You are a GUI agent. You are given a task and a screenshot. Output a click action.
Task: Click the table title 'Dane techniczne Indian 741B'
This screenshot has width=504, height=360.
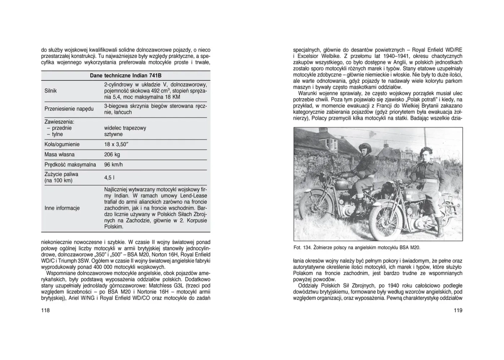click(x=126, y=75)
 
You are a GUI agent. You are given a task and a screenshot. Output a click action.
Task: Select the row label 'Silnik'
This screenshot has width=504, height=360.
click(x=50, y=90)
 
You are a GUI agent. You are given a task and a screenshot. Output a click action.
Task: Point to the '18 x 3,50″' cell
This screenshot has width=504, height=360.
click(x=117, y=144)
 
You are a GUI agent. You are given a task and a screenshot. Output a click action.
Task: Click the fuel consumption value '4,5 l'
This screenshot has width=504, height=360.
click(x=108, y=177)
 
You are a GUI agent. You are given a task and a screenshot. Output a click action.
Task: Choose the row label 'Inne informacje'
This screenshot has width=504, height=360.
click(x=62, y=208)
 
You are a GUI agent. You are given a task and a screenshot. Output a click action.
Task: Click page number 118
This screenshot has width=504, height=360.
click(x=46, y=310)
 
